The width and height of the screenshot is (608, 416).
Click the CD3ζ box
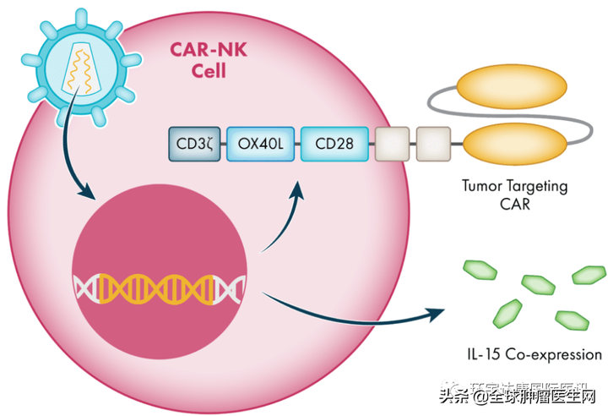coord(195,145)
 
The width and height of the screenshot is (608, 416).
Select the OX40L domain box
coord(260,145)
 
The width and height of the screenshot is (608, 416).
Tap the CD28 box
coord(334,145)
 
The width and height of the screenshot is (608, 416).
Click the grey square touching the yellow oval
coord(433,145)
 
